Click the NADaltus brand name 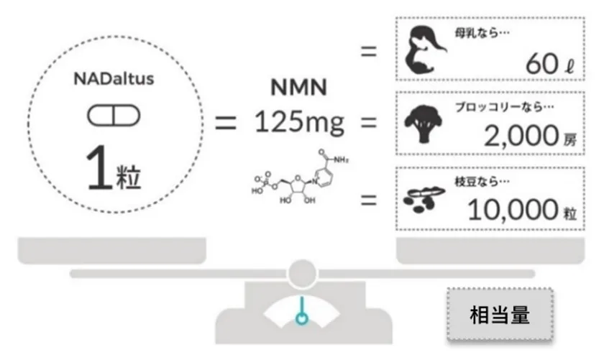(x=114, y=79)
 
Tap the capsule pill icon (x=114, y=116)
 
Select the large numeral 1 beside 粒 (x=99, y=168)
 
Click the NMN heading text (x=299, y=88)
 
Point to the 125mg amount (x=299, y=122)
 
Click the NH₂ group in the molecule (x=341, y=160)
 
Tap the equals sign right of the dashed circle (x=225, y=123)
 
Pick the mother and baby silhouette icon (x=426, y=50)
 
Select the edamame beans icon (x=424, y=199)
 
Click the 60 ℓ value (x=549, y=64)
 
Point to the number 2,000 (x=521, y=136)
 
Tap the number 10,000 (x=513, y=210)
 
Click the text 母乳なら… (x=482, y=34)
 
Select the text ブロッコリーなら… (x=504, y=107)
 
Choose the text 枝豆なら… (x=482, y=181)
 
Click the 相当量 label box (x=500, y=314)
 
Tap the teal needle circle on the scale (x=302, y=319)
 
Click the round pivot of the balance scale (x=303, y=274)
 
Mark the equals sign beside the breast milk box (x=369, y=51)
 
